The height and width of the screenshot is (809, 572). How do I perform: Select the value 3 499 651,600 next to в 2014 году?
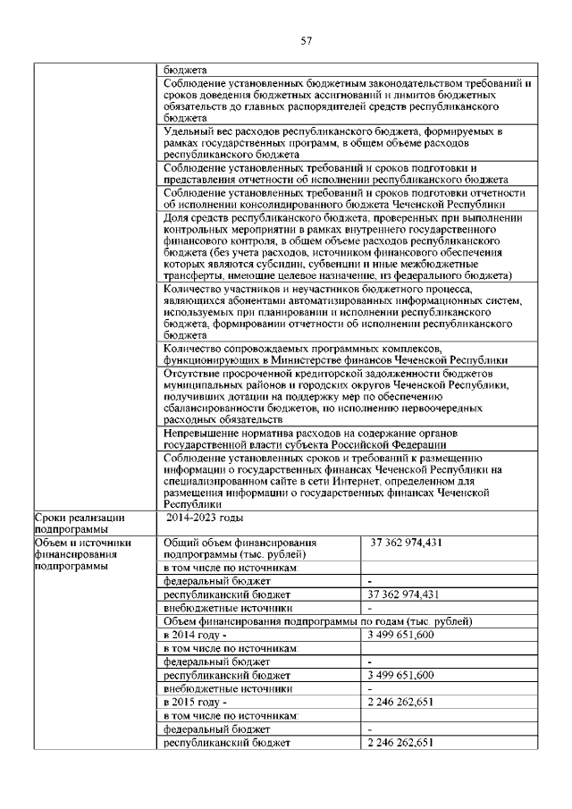[400, 634]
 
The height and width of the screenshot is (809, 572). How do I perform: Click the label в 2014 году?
[189, 634]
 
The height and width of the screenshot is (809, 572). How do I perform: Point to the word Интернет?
[395, 481]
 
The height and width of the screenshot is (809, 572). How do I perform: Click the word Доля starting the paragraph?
[177, 217]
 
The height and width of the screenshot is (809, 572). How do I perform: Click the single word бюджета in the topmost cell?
[186, 69]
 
